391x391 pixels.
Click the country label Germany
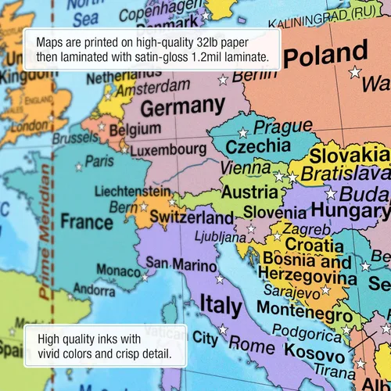tap(181, 107)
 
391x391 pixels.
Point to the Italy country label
tap(221, 303)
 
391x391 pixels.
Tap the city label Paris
tap(99, 161)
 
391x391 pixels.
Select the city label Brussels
tap(75, 138)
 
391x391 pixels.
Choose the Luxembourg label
tap(168, 149)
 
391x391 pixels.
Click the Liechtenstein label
tap(131, 191)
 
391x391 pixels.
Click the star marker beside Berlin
tap(223, 79)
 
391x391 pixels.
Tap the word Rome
tap(251, 345)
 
